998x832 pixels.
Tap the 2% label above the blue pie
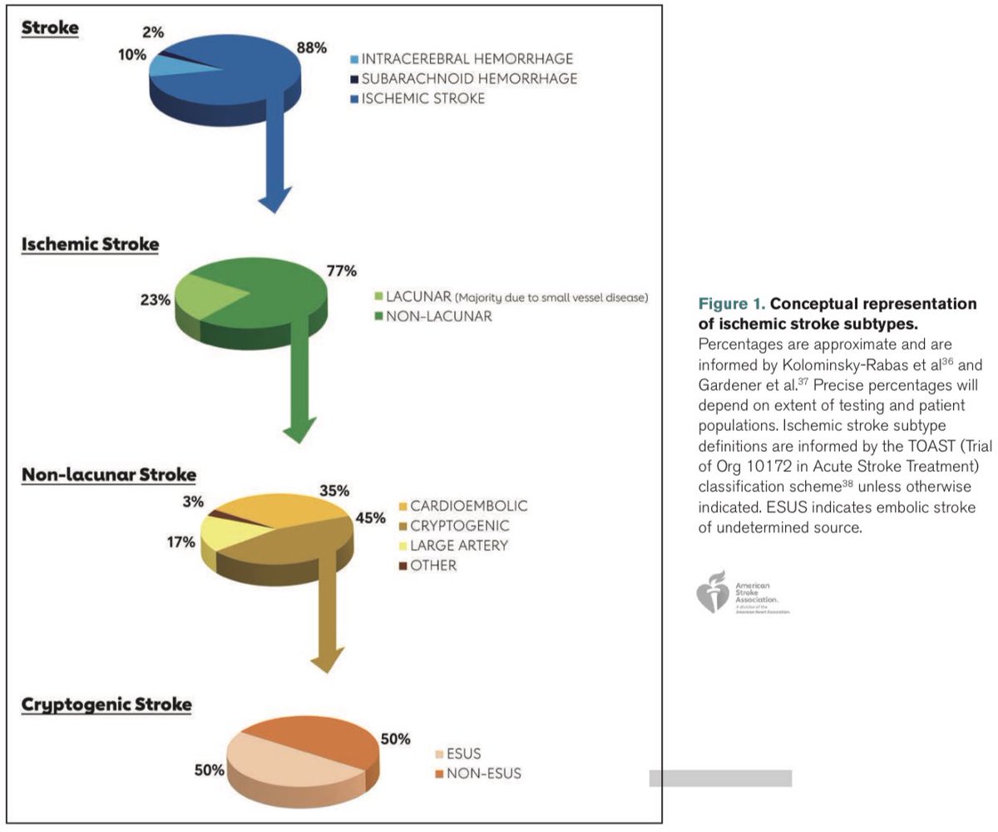(154, 31)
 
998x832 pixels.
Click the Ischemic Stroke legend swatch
(355, 99)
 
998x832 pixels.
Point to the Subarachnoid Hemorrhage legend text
(469, 79)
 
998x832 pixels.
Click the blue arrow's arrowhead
(274, 201)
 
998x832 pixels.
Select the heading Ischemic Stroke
(90, 245)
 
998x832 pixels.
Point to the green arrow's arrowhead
(299, 430)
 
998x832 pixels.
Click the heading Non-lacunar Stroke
(109, 475)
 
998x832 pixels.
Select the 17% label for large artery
(180, 542)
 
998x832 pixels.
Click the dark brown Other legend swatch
(404, 567)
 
